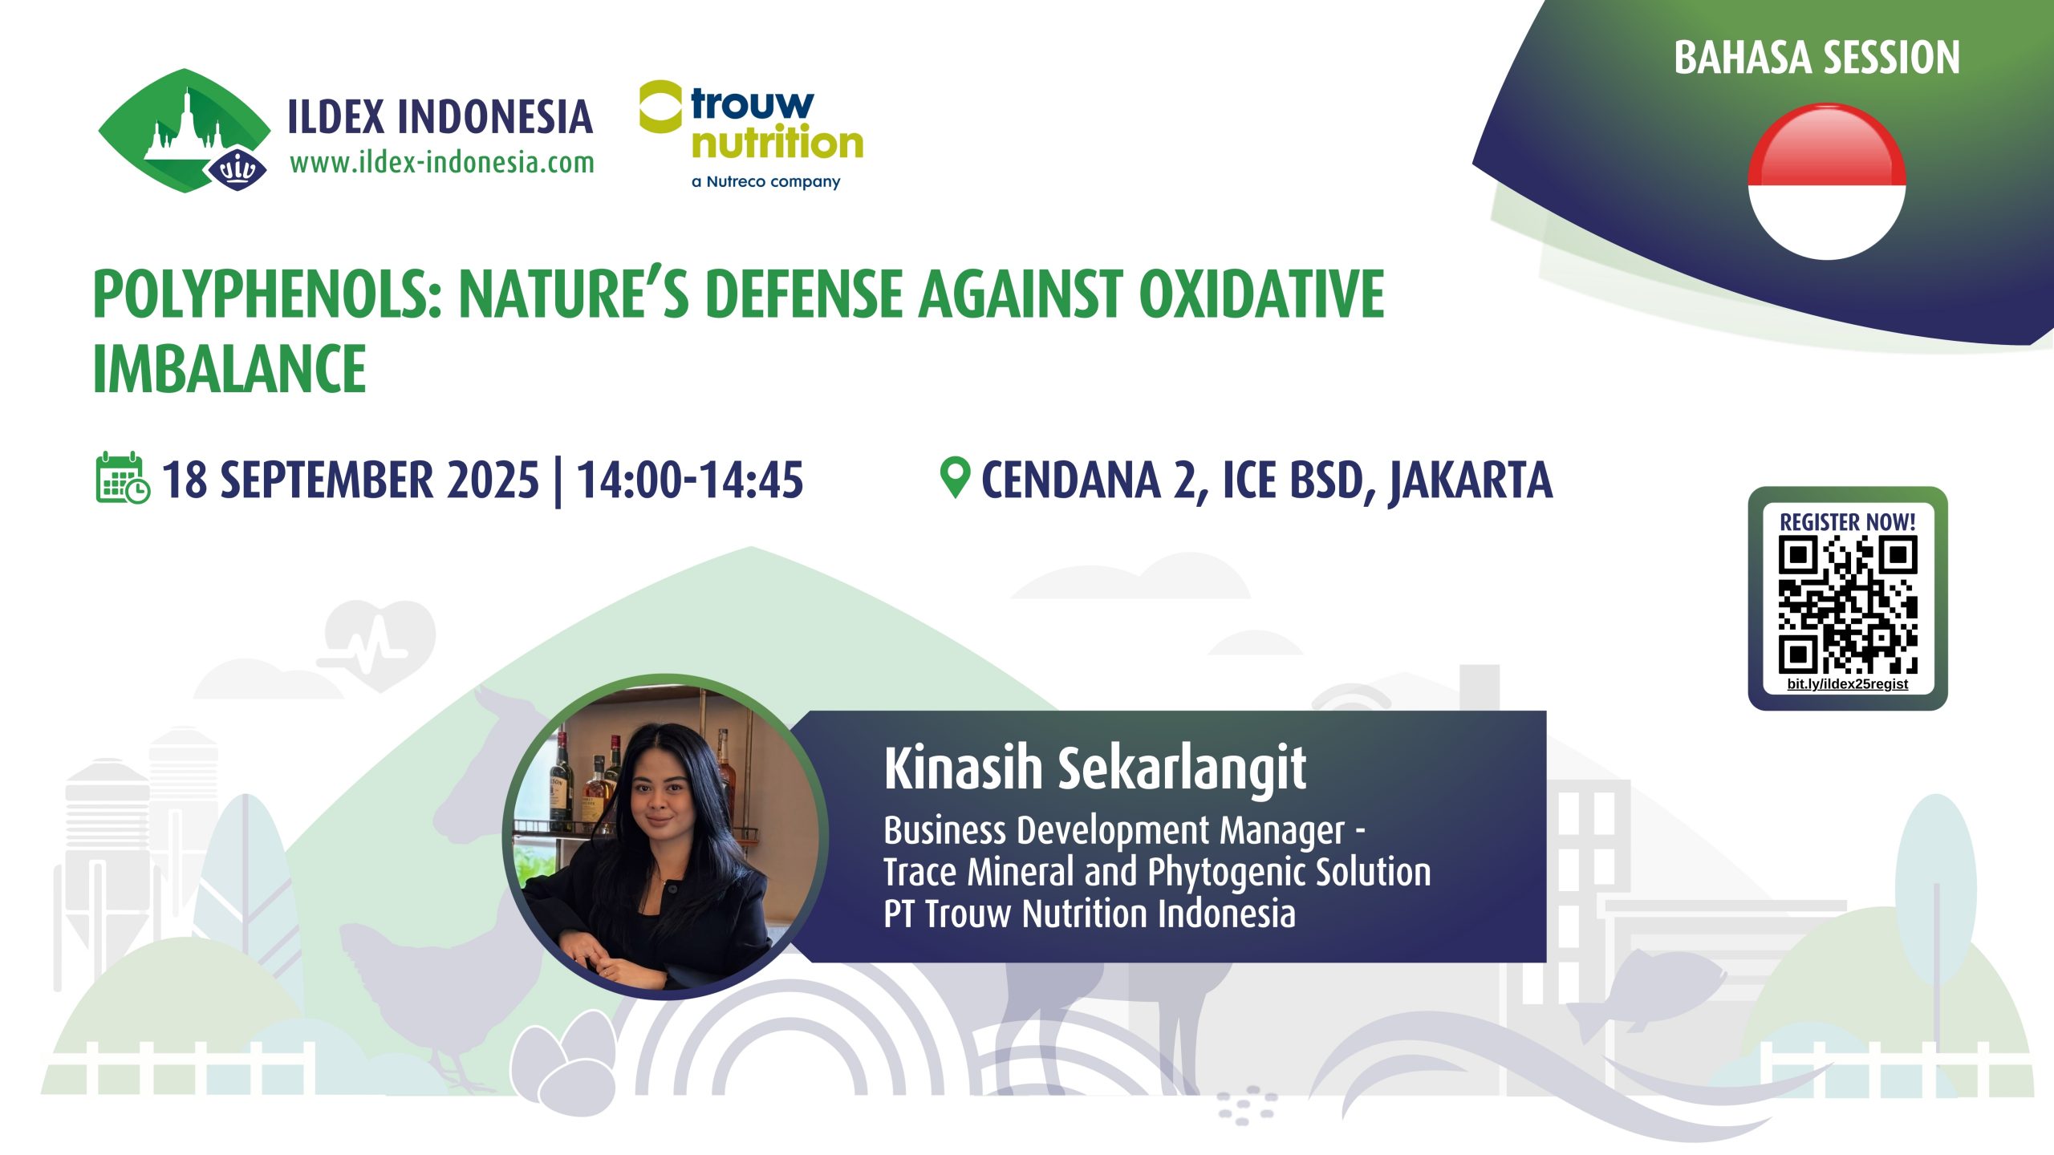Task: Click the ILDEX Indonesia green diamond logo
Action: pos(185,131)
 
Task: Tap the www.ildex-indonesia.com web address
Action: pos(442,163)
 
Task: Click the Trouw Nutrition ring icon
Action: pos(660,107)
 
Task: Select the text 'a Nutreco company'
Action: pos(765,182)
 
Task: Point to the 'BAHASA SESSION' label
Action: pos(1817,58)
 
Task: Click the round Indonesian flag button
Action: pos(1827,181)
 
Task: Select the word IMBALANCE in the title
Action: pos(229,369)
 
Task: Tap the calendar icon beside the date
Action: pos(122,478)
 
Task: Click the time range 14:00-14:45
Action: pos(690,480)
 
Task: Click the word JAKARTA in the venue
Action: pos(1471,481)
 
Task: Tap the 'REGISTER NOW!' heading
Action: pos(1847,522)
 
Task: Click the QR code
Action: pos(1848,606)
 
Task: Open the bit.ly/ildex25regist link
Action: pos(1848,684)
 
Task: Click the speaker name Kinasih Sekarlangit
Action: pos(1094,768)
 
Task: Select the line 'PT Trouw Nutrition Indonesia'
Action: pos(1089,914)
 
